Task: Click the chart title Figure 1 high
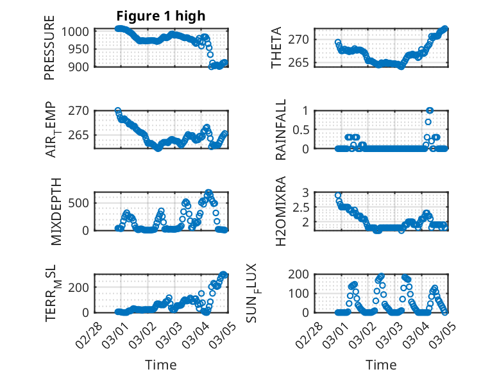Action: pos(161,16)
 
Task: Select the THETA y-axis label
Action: pos(276,47)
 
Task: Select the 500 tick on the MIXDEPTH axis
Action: pos(84,203)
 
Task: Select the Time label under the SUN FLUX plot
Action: pos(381,365)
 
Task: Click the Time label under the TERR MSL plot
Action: pos(161,365)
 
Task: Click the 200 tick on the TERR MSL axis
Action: pos(84,287)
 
